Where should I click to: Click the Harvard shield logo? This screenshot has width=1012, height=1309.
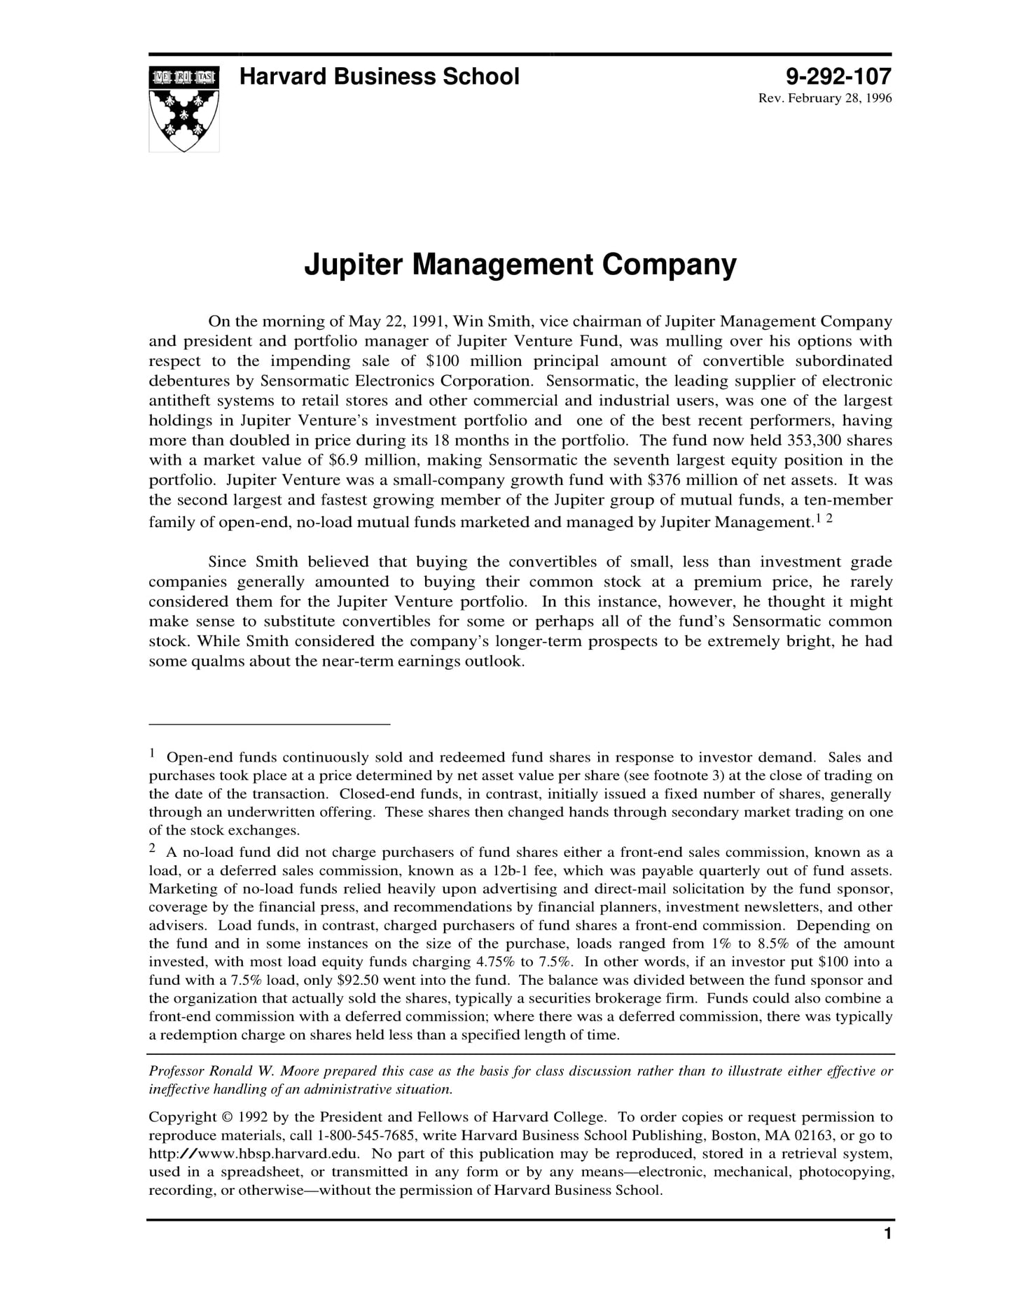183,108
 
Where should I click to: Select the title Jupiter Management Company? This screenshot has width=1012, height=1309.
520,265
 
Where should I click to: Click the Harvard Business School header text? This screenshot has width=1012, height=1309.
379,76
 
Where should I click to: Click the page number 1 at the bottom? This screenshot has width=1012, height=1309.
887,1234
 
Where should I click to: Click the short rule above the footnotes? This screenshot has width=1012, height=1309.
269,724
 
